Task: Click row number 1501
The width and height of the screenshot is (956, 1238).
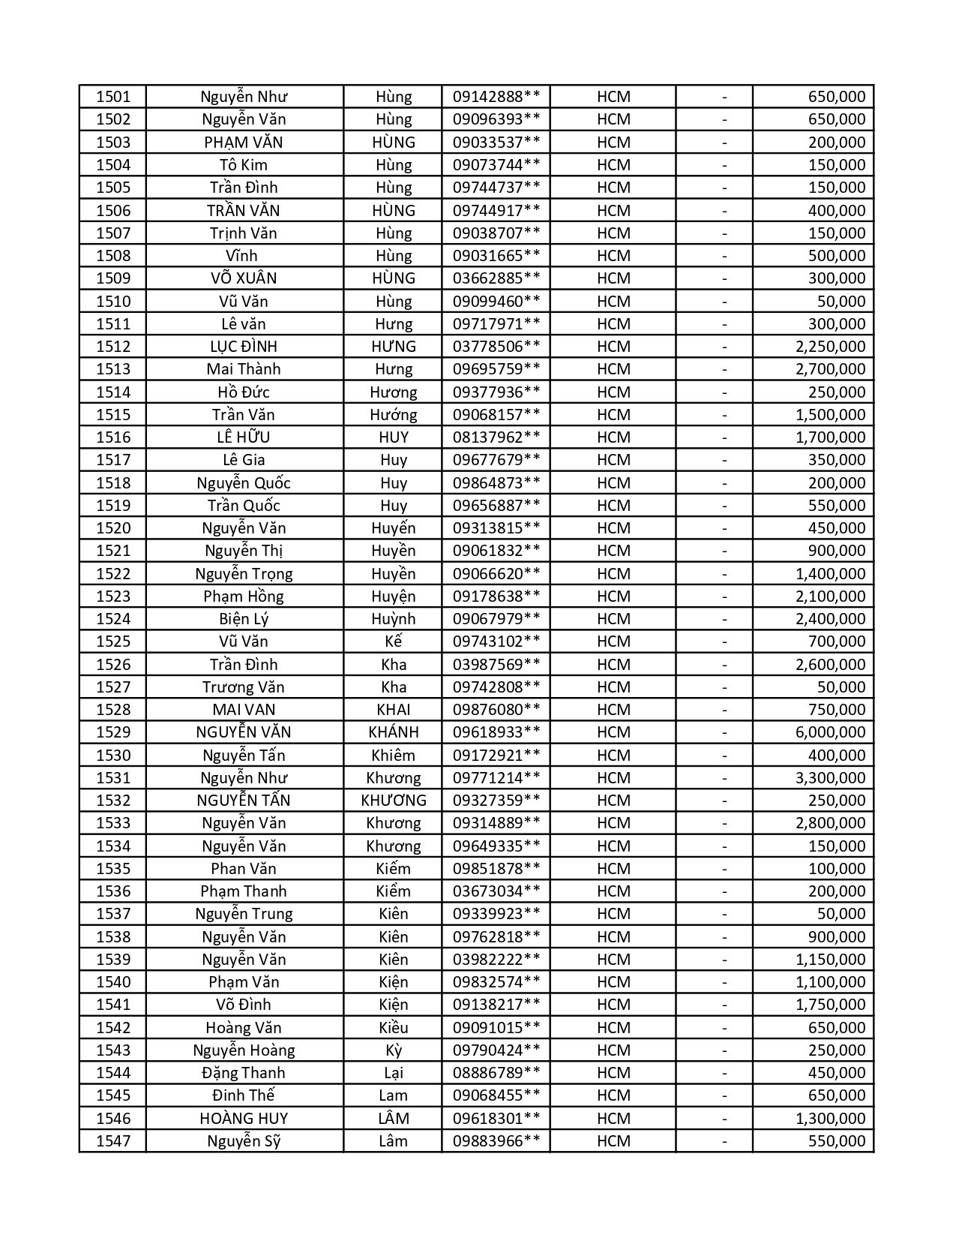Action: click(113, 97)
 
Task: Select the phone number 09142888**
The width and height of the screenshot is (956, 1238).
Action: click(496, 97)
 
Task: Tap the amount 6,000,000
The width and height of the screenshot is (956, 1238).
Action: click(830, 732)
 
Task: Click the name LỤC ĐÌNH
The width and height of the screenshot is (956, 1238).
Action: click(244, 347)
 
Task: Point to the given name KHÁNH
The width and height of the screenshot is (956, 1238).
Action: click(393, 732)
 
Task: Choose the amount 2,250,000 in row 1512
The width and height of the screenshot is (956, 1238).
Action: click(830, 347)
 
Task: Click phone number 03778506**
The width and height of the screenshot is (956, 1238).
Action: click(496, 347)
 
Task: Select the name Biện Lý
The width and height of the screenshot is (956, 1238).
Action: click(244, 619)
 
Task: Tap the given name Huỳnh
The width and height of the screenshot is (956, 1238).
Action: click(393, 619)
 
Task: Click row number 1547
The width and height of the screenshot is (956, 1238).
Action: click(113, 1141)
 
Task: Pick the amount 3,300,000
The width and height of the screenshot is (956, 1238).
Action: click(830, 778)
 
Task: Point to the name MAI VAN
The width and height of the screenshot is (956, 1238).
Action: click(244, 710)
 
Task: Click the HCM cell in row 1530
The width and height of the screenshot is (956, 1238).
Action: click(613, 756)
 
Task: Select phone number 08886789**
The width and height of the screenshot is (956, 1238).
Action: click(496, 1073)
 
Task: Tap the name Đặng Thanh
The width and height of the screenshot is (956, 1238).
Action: click(244, 1073)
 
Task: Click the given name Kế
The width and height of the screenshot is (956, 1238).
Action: click(393, 642)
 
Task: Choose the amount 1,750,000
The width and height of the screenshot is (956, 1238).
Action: click(830, 1005)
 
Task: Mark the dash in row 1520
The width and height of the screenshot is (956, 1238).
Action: click(724, 528)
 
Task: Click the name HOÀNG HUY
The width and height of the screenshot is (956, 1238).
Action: click(244, 1119)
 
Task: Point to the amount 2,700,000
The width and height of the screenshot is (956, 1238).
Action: click(830, 369)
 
